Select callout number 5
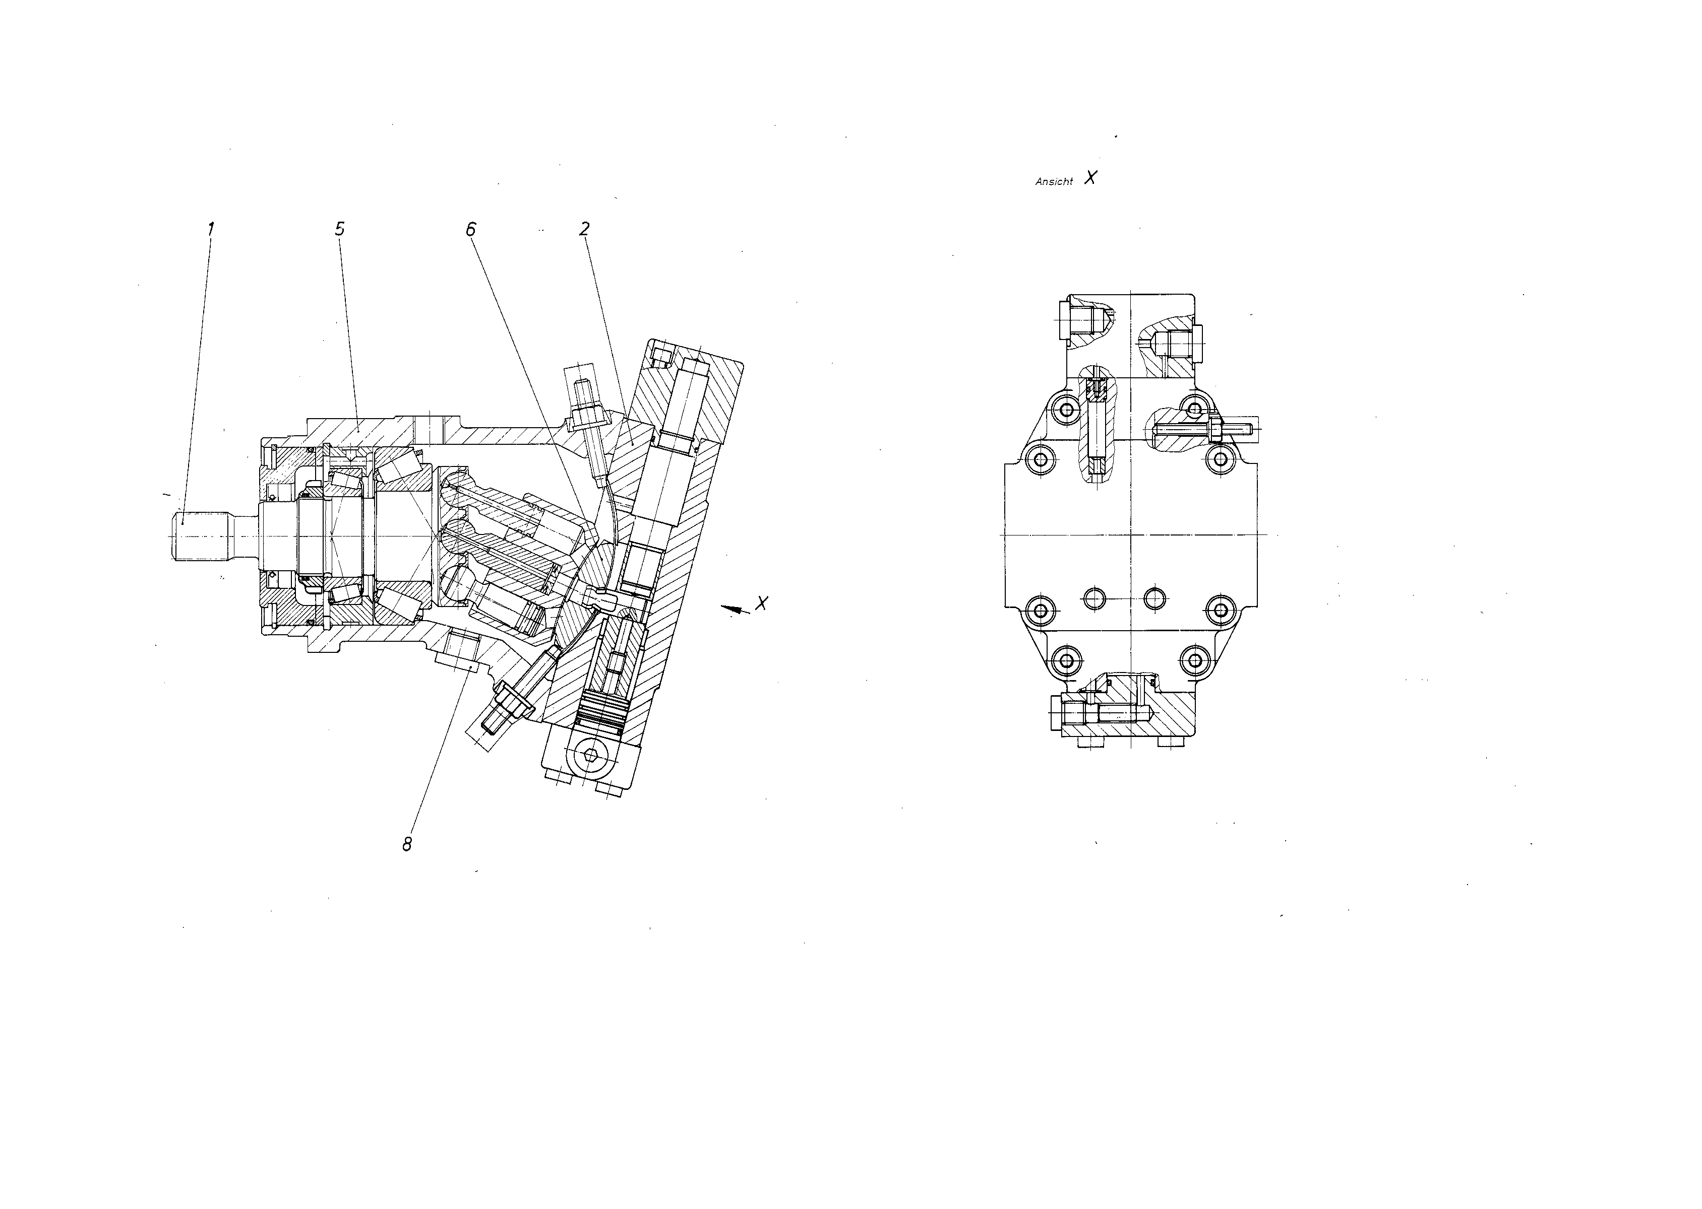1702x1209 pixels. [x=340, y=229]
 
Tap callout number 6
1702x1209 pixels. [x=471, y=229]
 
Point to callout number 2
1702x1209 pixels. [x=585, y=229]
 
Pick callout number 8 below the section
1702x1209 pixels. [x=407, y=844]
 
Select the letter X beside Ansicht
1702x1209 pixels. [x=1090, y=177]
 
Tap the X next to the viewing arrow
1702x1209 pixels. [x=761, y=603]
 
